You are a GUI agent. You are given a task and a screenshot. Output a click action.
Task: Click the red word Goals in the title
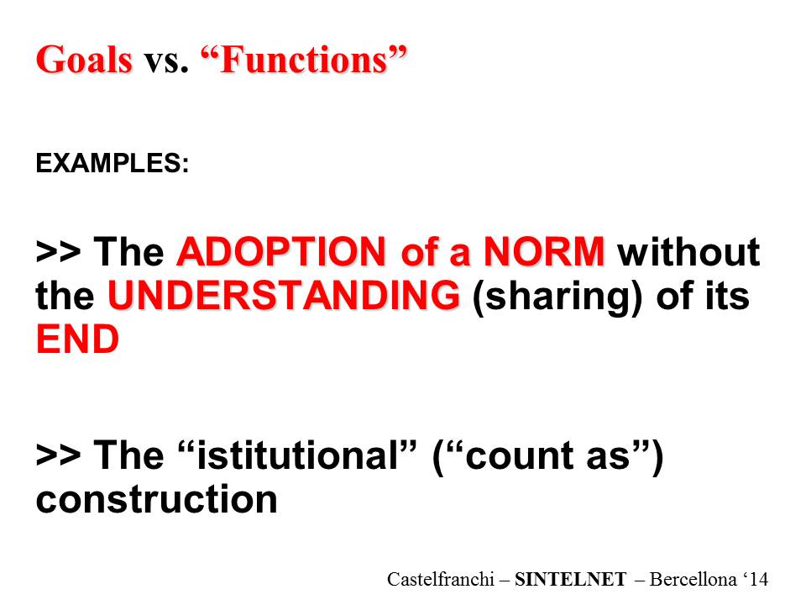84,60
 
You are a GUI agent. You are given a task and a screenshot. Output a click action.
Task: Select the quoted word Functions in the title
303,60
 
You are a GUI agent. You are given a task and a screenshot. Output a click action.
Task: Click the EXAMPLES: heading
112,163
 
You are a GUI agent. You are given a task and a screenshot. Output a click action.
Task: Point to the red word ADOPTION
280,251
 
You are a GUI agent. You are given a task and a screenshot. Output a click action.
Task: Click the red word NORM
543,251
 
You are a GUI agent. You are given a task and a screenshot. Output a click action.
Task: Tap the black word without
688,251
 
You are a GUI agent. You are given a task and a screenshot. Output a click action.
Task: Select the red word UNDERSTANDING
283,295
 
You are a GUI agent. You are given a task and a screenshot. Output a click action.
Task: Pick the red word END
77,339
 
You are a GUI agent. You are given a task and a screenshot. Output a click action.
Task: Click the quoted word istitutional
296,455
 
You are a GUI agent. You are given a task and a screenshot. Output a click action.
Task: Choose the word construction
157,500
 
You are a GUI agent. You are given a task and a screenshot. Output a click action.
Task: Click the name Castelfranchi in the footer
441,579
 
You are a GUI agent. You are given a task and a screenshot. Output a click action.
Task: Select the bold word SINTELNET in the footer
571,580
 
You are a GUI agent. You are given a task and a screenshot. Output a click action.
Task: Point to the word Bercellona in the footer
693,579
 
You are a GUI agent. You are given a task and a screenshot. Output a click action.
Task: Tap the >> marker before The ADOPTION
58,252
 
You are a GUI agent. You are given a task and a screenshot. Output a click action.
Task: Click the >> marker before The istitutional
58,455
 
